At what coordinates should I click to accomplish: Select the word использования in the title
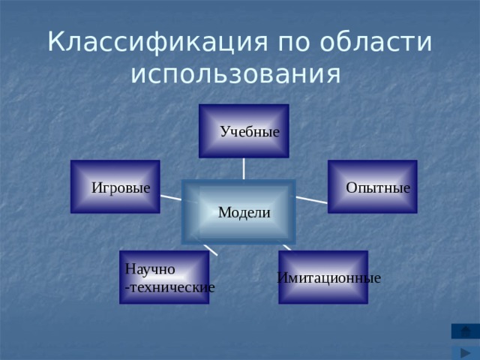235,74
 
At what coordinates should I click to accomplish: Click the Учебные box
244,130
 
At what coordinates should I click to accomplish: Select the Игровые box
115,187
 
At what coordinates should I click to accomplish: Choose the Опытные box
372,187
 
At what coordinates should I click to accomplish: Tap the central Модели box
239,211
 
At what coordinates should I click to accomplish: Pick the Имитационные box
323,277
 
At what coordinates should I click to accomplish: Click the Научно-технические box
163,277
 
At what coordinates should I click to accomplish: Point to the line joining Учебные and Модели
244,168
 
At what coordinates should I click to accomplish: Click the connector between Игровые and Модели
170,197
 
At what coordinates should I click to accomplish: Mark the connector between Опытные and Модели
311,199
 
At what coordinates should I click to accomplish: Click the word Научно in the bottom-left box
150,268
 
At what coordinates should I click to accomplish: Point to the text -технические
169,286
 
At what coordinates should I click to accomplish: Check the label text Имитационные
328,278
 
